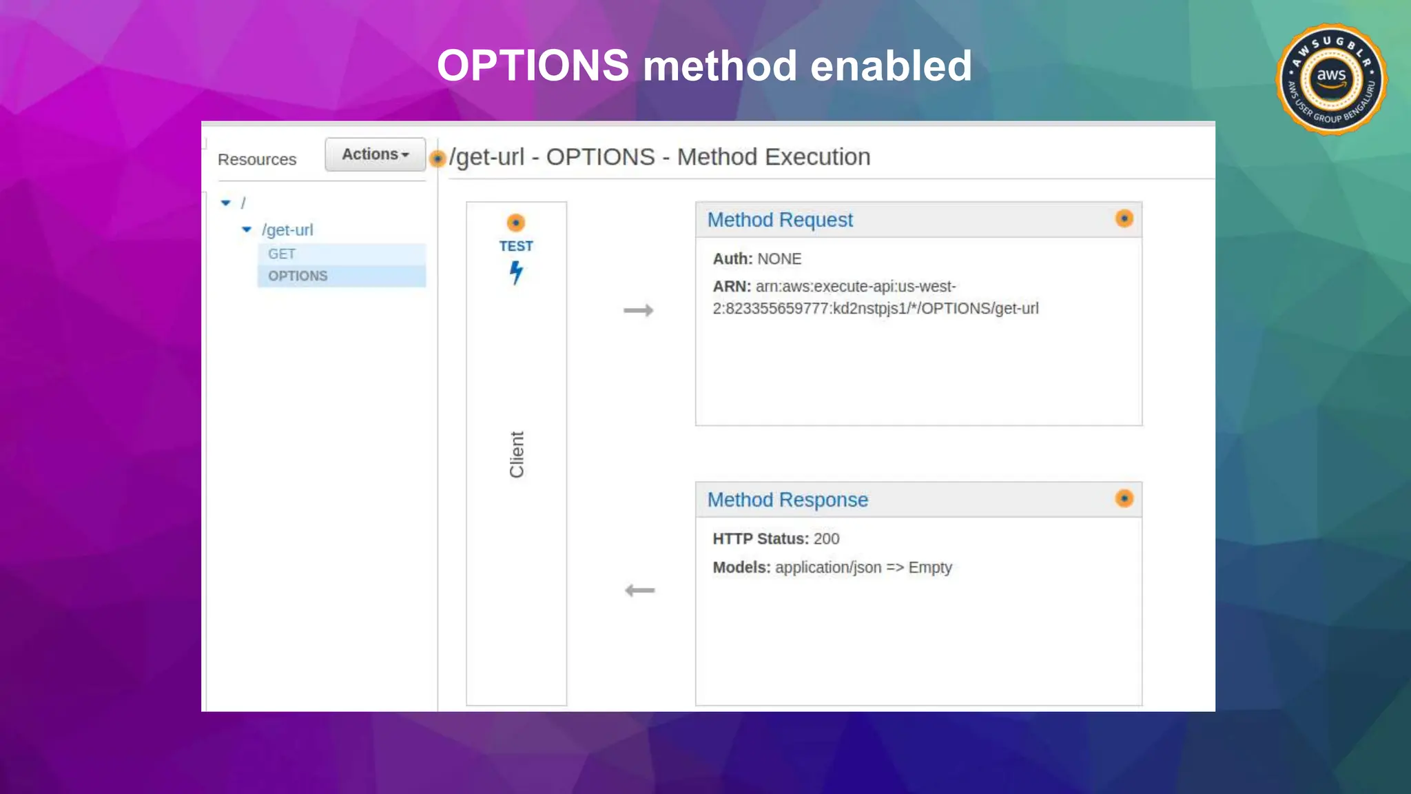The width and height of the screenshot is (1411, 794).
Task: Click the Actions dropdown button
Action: [375, 154]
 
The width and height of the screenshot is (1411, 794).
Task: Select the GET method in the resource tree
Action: [282, 254]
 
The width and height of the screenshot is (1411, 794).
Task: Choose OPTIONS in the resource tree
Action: [298, 276]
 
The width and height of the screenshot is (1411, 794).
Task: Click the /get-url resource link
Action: [287, 230]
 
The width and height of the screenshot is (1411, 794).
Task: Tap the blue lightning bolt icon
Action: [516, 272]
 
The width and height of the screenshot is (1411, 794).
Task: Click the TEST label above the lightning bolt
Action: [516, 246]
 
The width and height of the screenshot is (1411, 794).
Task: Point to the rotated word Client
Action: [517, 455]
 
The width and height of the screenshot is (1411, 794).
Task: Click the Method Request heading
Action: [780, 220]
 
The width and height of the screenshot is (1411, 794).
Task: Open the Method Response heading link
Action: [787, 500]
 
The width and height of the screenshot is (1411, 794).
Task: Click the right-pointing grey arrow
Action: [639, 311]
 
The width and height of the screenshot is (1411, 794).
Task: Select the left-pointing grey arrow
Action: [639, 591]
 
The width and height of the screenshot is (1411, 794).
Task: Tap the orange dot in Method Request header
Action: [1124, 218]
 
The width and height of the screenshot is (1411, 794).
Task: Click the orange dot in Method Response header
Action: [1124, 498]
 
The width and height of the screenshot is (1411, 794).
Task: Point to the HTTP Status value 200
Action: [826, 539]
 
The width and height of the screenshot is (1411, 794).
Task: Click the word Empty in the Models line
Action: [930, 568]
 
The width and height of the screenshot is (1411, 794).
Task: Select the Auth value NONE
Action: [779, 259]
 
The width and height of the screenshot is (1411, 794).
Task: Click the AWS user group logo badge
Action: [1331, 80]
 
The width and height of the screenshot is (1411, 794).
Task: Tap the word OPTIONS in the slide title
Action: [533, 66]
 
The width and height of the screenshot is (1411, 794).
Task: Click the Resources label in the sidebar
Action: [257, 160]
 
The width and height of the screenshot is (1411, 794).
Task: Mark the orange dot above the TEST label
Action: [516, 223]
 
